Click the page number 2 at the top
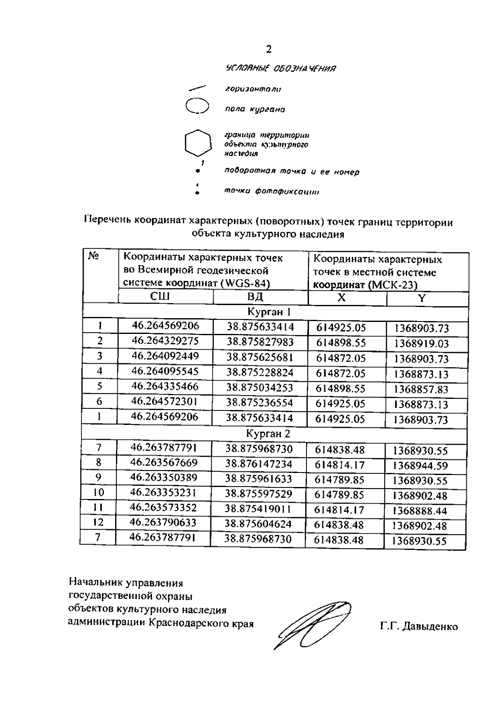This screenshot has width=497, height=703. click(269, 50)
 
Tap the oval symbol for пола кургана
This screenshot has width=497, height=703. click(197, 106)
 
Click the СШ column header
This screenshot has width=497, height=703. click(159, 297)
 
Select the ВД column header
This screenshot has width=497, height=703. click(255, 297)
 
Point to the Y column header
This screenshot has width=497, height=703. click(421, 299)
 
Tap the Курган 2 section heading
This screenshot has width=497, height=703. click(268, 434)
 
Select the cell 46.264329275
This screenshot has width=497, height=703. click(165, 341)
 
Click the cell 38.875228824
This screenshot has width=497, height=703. click(260, 372)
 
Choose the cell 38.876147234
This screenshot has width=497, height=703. click(259, 464)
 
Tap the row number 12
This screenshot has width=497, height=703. click(98, 522)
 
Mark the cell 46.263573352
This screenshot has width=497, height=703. click(164, 508)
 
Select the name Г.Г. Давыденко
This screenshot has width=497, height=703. click(419, 626)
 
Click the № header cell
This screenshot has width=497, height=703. click(94, 257)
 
